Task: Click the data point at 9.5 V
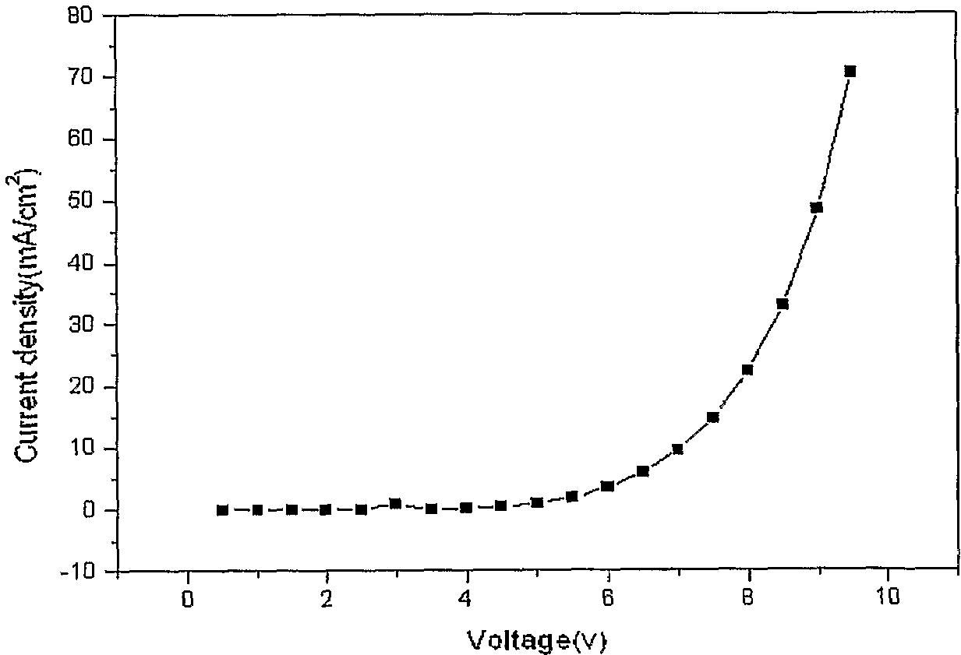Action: [850, 71]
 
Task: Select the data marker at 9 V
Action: [816, 207]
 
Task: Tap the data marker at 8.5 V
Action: [782, 304]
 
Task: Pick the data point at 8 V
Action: [747, 369]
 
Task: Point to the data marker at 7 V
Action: [677, 449]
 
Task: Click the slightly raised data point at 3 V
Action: [395, 503]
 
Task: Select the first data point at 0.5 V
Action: [222, 510]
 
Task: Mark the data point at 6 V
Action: [607, 486]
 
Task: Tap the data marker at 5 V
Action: [537, 502]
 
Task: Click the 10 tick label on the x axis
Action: [888, 597]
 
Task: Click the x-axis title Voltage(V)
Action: [536, 640]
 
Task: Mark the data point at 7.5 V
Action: [712, 417]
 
